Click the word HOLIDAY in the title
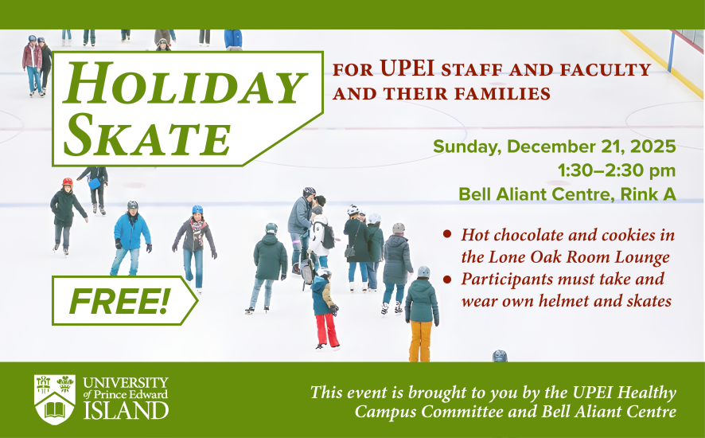pyautogui.click(x=185, y=83)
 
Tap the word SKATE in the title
pyautogui.click(x=147, y=134)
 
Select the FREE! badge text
pyautogui.click(x=119, y=301)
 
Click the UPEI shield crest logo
pyautogui.click(x=54, y=399)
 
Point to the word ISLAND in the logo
pyautogui.click(x=126, y=411)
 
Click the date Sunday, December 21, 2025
pyautogui.click(x=554, y=147)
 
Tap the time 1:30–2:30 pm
pyautogui.click(x=617, y=170)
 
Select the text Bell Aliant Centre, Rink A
pyautogui.click(x=567, y=194)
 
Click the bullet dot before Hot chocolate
pyautogui.click(x=447, y=233)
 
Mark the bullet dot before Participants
pyautogui.click(x=447, y=279)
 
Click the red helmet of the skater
pyautogui.click(x=68, y=182)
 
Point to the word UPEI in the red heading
pyautogui.click(x=407, y=68)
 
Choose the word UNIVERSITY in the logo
pyautogui.click(x=126, y=382)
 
